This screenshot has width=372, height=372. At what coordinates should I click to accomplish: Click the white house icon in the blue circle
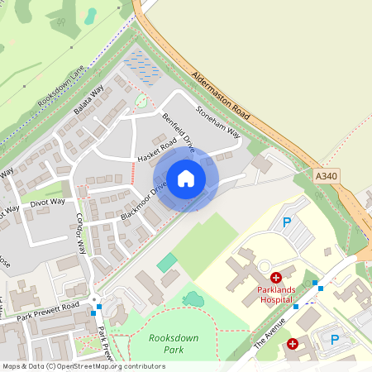(186, 179)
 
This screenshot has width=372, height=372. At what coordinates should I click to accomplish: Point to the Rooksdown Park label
(168, 344)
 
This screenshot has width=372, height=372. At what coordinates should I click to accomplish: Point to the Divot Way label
(47, 203)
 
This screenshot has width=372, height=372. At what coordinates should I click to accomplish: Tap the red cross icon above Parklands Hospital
(276, 278)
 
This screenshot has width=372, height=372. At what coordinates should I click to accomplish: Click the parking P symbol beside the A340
(288, 222)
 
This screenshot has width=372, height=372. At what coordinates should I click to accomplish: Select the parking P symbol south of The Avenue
(335, 340)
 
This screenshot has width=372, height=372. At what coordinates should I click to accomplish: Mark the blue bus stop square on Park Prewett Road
(100, 308)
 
